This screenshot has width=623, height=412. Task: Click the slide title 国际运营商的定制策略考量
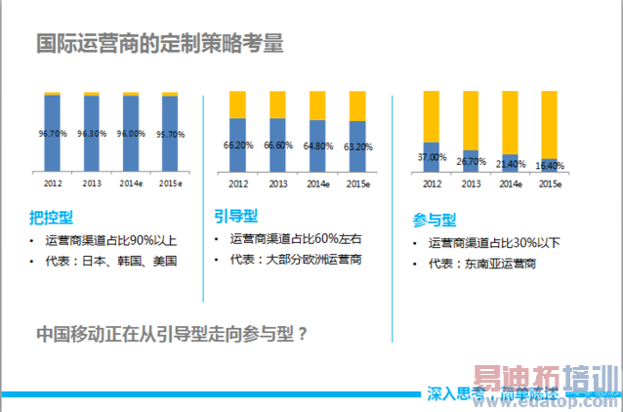[x=160, y=43]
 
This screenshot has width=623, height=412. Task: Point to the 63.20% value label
[x=357, y=147]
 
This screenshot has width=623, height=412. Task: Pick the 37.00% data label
[x=431, y=156]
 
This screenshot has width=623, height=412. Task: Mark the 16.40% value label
[x=551, y=165]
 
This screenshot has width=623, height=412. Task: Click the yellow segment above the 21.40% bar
[x=510, y=122]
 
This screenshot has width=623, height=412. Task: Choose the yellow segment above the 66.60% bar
[x=277, y=104]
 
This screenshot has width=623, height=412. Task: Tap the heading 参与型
[x=435, y=221]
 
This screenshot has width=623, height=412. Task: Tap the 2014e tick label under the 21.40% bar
[x=509, y=184]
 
